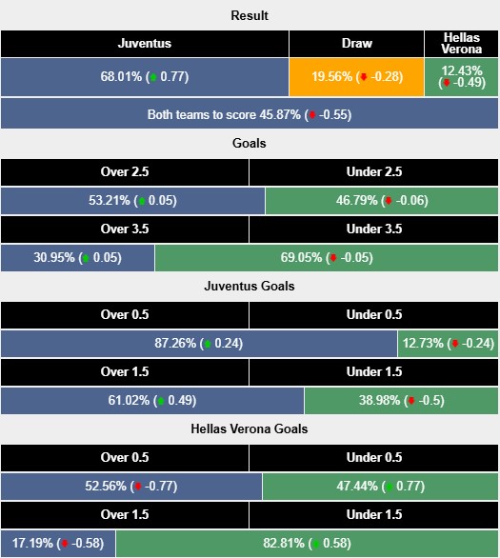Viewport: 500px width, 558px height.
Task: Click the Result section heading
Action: pyautogui.click(x=250, y=16)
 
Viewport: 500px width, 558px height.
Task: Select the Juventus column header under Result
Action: pyautogui.click(x=145, y=44)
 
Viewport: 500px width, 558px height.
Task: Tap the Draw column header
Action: pyautogui.click(x=357, y=44)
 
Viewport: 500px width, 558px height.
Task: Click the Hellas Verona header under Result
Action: pyautogui.click(x=462, y=44)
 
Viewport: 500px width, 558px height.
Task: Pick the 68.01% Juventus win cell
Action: pyautogui.click(x=145, y=76)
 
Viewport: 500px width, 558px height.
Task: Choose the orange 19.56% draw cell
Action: pyautogui.click(x=357, y=76)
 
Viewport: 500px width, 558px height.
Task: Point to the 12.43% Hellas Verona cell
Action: pyautogui.click(x=462, y=76)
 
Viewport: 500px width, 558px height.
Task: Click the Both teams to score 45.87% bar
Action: pyautogui.click(x=250, y=114)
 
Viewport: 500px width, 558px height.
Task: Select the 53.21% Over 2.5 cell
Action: pyautogui.click(x=132, y=201)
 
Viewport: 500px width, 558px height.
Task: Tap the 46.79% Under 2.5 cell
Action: pyautogui.click(x=382, y=201)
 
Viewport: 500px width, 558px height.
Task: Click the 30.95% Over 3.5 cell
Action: pyautogui.click(x=77, y=258)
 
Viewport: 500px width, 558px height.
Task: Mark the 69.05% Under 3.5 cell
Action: pyautogui.click(x=327, y=258)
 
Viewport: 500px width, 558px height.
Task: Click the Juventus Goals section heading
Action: pyautogui.click(x=250, y=286)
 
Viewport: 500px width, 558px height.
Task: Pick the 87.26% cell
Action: pyautogui.click(x=199, y=344)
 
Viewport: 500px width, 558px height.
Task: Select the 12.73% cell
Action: pyautogui.click(x=449, y=344)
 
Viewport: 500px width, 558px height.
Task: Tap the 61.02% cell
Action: pyautogui.click(x=152, y=401)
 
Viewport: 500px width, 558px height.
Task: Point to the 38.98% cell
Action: pyautogui.click(x=402, y=401)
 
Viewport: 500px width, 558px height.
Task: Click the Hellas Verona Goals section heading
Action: pyautogui.click(x=250, y=428)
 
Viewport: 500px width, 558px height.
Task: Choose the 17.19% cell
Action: pyautogui.click(x=58, y=544)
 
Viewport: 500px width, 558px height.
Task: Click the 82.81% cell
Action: pyautogui.click(x=308, y=544)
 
